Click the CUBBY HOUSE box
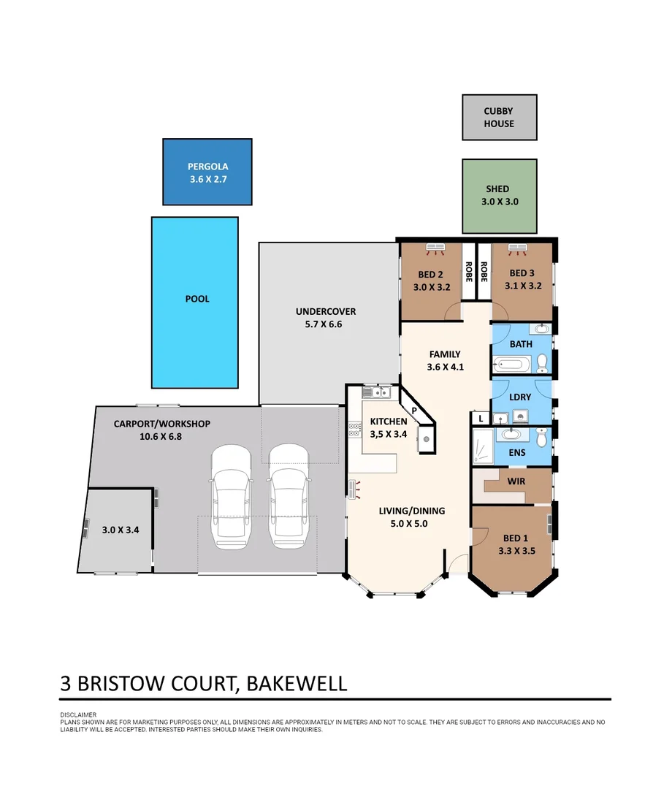point(499,117)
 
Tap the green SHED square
point(499,196)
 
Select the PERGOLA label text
point(207,167)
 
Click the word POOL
point(197,299)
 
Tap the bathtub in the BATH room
point(512,363)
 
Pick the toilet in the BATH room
point(542,362)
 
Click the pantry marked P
point(414,411)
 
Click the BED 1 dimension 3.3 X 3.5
point(516,552)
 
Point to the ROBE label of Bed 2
point(467,271)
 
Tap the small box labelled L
point(481,419)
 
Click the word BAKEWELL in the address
point(297,684)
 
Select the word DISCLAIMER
point(78,714)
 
